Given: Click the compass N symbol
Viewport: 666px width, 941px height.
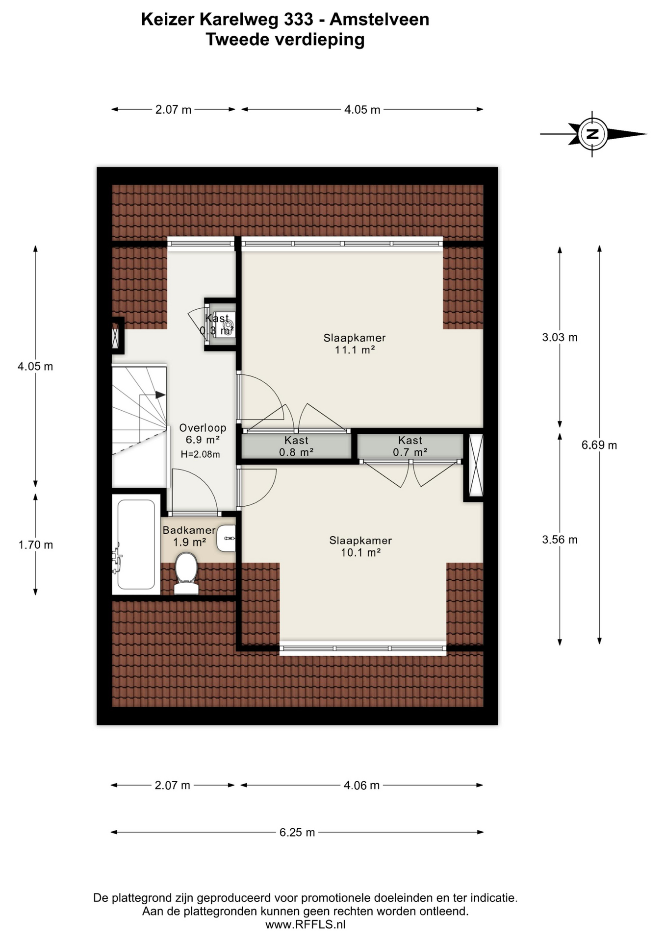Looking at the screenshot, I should coord(592,134).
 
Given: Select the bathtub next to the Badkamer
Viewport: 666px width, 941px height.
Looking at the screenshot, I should coord(136,544).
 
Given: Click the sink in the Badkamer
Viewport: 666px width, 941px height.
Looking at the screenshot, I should coord(226,538).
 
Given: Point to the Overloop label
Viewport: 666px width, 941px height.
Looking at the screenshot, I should coord(202,428).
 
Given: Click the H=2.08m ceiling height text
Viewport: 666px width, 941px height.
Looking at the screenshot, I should coord(200,454).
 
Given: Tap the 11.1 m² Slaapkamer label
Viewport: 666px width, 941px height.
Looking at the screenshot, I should coord(354,344).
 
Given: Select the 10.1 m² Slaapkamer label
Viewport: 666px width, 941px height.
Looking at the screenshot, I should coord(360,546).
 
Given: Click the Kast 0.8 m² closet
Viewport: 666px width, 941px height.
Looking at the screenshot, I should coord(296,446).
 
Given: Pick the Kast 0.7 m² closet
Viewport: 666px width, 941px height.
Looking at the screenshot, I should coord(410,446).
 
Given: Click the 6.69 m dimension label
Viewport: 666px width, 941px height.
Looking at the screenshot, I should coord(599,445).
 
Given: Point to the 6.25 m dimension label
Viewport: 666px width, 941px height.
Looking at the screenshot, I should coord(297,832).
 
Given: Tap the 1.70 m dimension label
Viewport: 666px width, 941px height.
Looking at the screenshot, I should coord(36,545).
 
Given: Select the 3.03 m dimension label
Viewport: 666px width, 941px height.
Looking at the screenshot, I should coord(560,337).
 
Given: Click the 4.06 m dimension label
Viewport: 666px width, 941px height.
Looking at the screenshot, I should coord(361,785).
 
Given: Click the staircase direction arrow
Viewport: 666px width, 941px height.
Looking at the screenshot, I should coord(160,395).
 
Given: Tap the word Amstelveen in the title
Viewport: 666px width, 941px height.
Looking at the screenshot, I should coord(379,19).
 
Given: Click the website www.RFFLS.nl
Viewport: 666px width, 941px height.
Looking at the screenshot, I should coord(305,924).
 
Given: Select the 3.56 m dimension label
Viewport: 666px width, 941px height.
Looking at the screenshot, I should coord(560,540).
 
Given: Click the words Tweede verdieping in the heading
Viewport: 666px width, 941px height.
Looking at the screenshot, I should coord(285,39).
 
